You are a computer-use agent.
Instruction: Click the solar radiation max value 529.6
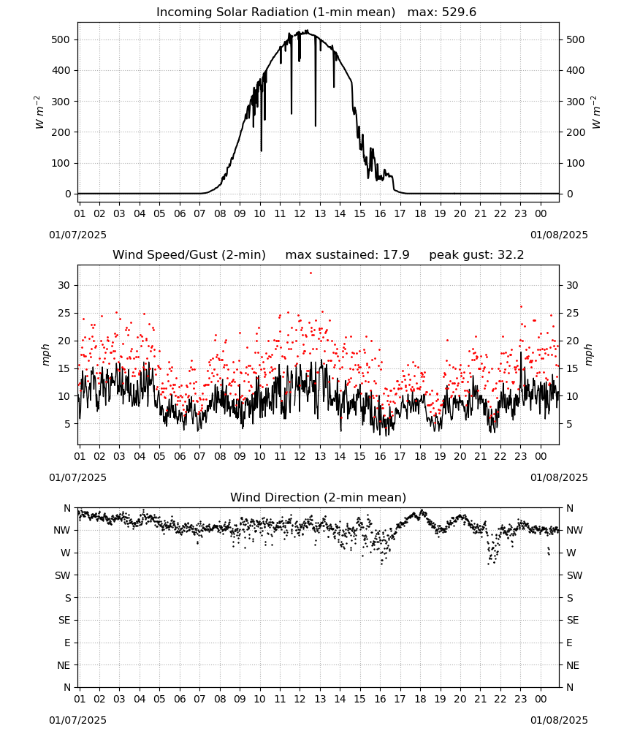459,12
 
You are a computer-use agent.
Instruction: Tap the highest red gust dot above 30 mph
310,273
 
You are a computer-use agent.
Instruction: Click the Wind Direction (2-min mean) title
319,497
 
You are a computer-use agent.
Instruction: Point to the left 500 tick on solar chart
61,39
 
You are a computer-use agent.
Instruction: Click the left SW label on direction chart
63,575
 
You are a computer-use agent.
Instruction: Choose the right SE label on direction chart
573,620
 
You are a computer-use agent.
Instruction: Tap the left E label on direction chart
67,643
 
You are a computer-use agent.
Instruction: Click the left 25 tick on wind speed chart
64,313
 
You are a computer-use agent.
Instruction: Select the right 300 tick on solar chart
576,102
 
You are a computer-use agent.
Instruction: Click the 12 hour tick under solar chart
300,213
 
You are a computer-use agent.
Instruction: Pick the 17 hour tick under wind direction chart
400,699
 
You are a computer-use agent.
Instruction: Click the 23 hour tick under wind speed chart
520,456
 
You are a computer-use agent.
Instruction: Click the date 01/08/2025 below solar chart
559,235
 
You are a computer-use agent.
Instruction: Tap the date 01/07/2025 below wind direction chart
77,720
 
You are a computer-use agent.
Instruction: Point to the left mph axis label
45,355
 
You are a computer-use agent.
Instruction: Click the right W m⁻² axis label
596,113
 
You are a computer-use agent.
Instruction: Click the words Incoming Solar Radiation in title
232,12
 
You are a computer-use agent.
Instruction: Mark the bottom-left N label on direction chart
67,687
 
